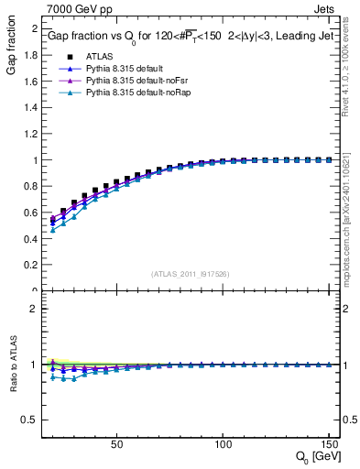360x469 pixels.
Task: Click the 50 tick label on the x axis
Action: coord(116,443)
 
